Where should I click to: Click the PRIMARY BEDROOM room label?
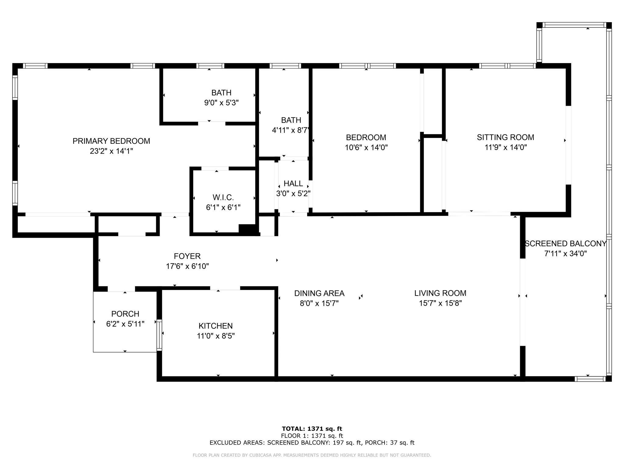(111, 141)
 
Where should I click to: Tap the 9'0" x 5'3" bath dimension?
(221, 103)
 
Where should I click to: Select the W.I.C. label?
(223, 197)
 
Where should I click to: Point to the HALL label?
(293, 183)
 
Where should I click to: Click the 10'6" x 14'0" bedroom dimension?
(366, 147)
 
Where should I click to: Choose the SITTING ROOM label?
(505, 137)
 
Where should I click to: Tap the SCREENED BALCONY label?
(565, 243)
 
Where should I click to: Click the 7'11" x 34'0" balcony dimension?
(565, 253)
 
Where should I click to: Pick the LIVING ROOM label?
(440, 293)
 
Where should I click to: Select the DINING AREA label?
(319, 293)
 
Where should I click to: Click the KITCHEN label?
(216, 326)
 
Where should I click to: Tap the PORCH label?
(125, 314)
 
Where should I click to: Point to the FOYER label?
(187, 256)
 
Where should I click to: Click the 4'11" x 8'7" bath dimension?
(291, 130)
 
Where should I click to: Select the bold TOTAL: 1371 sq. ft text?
(312, 429)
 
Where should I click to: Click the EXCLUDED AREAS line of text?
(312, 443)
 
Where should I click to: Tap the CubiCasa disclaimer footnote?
(312, 455)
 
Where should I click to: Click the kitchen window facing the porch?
(159, 334)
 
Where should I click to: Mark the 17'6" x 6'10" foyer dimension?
(187, 266)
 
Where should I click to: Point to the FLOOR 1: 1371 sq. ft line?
(312, 436)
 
